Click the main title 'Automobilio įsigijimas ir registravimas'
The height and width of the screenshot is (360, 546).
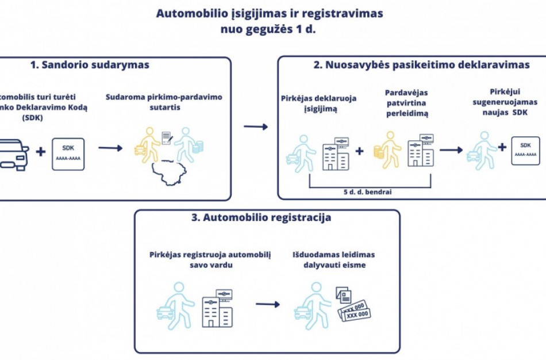269,13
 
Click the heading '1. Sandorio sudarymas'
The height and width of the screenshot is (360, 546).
90,65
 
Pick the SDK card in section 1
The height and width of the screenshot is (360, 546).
68,154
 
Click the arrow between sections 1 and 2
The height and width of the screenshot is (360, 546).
255,126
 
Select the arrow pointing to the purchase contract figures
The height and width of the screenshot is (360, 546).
110,148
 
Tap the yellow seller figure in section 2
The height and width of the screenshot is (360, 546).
390,151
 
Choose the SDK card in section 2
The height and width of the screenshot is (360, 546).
525,151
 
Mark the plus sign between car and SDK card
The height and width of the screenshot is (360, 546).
40,152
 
